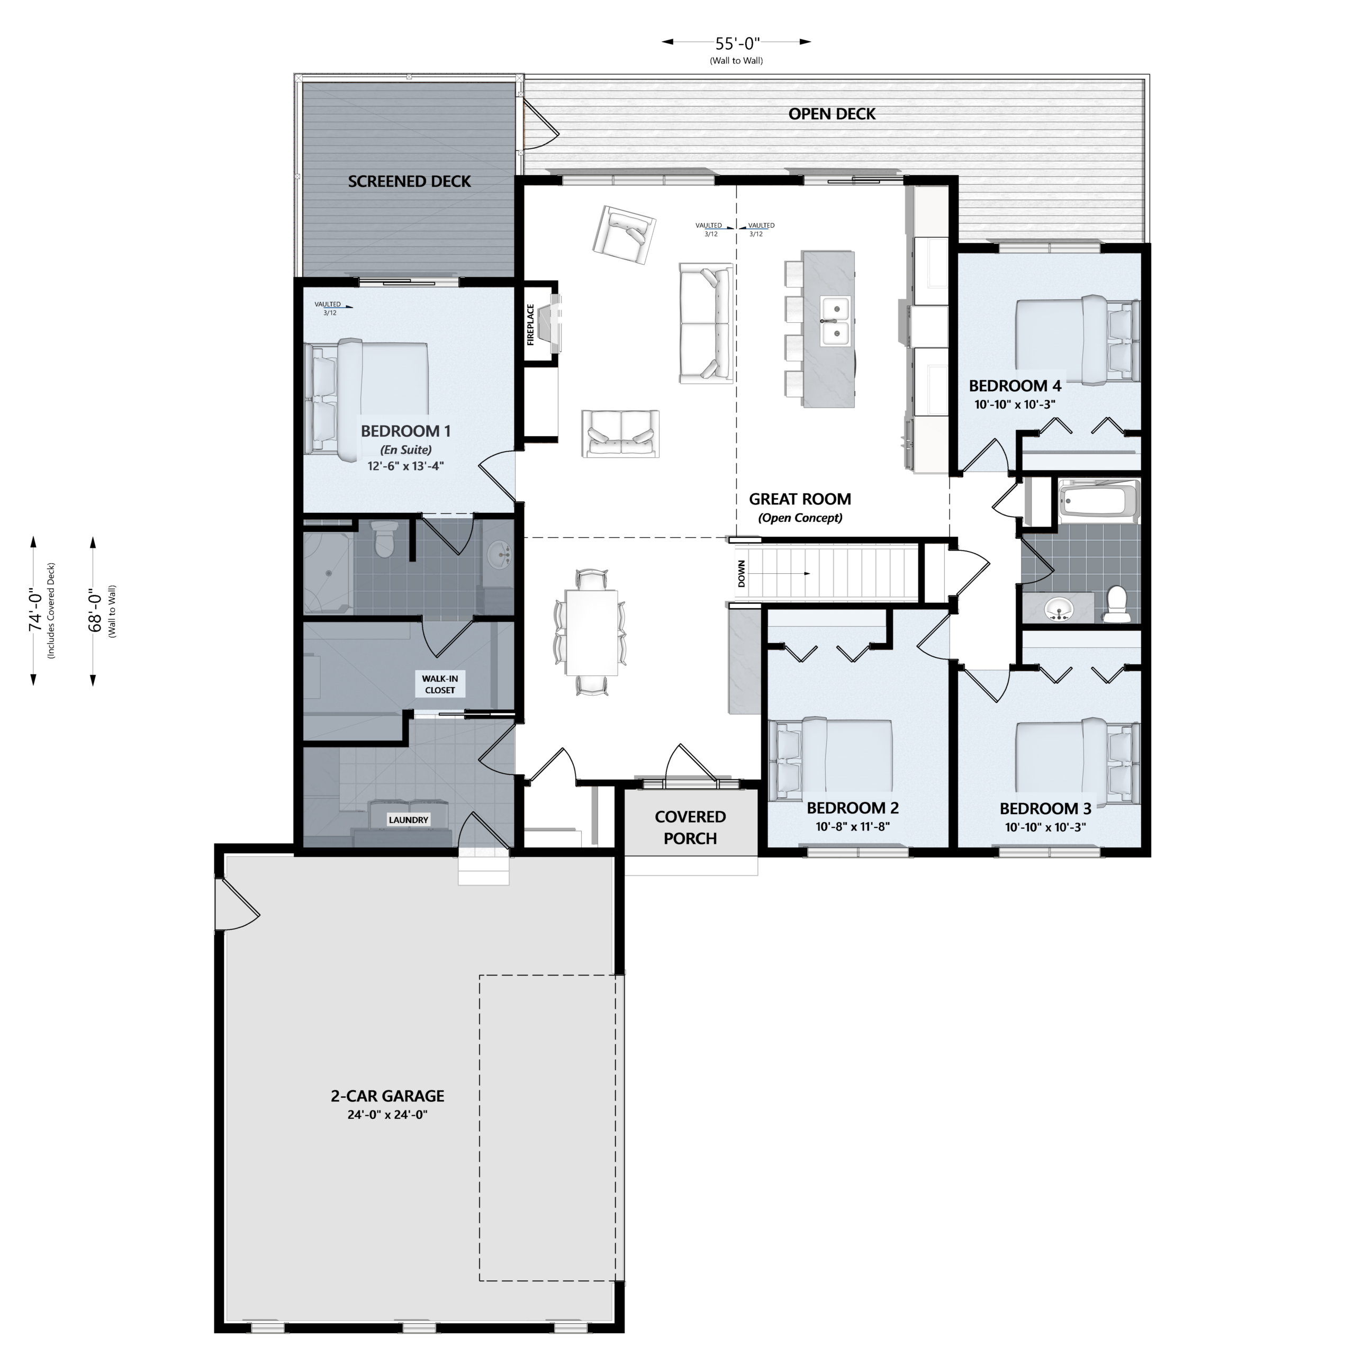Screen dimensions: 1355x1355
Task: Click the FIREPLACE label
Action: (x=531, y=324)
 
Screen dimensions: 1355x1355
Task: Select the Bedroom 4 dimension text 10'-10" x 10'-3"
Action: (x=1015, y=405)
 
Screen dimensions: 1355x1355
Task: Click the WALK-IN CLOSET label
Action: (x=440, y=684)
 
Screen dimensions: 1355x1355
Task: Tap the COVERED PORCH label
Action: (x=690, y=828)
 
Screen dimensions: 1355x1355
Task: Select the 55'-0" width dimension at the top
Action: (x=737, y=43)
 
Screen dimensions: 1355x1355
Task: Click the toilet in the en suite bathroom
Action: (x=384, y=539)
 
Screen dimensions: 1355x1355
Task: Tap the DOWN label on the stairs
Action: (x=742, y=574)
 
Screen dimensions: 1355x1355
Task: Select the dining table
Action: (x=591, y=632)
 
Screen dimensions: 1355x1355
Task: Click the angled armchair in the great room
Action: (x=624, y=234)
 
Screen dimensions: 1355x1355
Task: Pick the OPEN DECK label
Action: (x=832, y=114)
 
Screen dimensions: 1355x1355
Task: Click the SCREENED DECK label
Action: (x=410, y=182)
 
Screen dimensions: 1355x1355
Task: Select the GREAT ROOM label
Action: (x=800, y=499)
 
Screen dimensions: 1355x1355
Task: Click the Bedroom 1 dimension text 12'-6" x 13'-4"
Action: (x=405, y=466)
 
